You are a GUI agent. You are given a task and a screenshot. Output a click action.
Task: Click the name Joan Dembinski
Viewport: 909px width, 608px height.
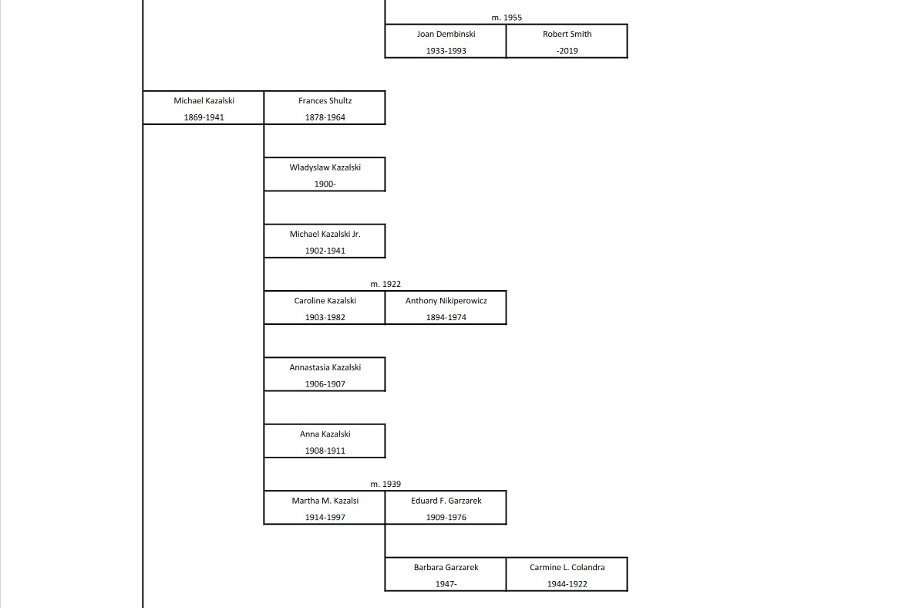(x=446, y=34)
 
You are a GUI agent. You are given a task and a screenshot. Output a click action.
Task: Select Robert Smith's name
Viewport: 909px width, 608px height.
(x=567, y=34)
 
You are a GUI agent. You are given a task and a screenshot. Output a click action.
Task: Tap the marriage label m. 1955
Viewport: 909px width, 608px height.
(x=507, y=17)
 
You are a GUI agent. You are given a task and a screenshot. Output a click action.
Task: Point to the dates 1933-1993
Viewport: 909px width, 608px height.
(x=446, y=51)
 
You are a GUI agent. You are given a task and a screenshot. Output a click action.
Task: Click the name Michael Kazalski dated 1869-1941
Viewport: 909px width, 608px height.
(x=204, y=100)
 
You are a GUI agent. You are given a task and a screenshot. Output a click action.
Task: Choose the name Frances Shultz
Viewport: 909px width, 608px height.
(x=325, y=100)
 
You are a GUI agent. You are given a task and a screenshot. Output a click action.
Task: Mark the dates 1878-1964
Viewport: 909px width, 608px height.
(x=325, y=117)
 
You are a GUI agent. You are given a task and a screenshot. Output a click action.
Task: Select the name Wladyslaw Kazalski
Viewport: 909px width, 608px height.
(x=325, y=167)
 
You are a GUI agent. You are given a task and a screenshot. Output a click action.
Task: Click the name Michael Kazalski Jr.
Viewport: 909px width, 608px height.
(x=325, y=234)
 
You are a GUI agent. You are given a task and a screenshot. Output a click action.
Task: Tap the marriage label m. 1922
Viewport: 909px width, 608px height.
(x=385, y=284)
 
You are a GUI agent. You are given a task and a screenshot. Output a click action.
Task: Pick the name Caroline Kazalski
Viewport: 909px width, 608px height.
(x=325, y=301)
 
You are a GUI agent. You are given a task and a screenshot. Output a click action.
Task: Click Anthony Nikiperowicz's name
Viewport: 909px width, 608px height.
(x=446, y=301)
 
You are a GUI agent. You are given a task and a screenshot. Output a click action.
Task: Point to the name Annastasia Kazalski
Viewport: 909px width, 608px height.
(x=325, y=367)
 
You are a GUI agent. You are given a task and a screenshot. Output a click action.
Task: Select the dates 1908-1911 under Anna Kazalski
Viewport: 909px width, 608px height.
(x=325, y=451)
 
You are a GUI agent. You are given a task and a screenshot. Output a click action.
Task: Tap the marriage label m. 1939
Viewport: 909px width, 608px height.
(x=385, y=484)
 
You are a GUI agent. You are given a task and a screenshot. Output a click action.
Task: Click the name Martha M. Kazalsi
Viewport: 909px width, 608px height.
(x=325, y=501)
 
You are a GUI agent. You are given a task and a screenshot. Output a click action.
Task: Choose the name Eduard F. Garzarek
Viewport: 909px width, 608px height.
(x=446, y=501)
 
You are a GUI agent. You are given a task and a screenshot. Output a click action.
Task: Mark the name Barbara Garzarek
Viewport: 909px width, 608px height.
(x=446, y=567)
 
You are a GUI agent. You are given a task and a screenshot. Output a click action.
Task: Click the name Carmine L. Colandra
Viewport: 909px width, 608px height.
(x=567, y=567)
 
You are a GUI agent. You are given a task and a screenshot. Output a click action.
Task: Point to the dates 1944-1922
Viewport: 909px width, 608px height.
(x=567, y=584)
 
